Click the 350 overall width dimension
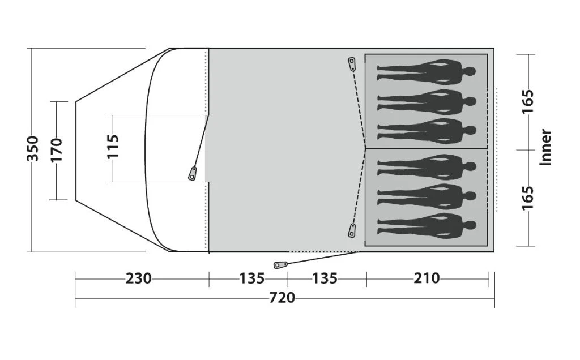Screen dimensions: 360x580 pos(33,149)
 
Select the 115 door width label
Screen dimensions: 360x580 pos(113,147)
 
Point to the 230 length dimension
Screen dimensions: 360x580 pos(139,278)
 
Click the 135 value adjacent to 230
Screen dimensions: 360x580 pos(251,278)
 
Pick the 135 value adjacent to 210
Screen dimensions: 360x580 pos(325,278)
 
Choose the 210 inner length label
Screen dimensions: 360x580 pos(427,278)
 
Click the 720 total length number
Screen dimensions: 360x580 pos(282,298)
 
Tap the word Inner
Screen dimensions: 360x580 pos(546,148)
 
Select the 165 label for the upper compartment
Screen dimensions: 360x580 pos(528,101)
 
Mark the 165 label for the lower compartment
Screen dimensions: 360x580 pos(528,198)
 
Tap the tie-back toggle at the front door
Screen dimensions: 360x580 pos(193,173)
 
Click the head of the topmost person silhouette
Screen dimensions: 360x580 pos(470,72)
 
